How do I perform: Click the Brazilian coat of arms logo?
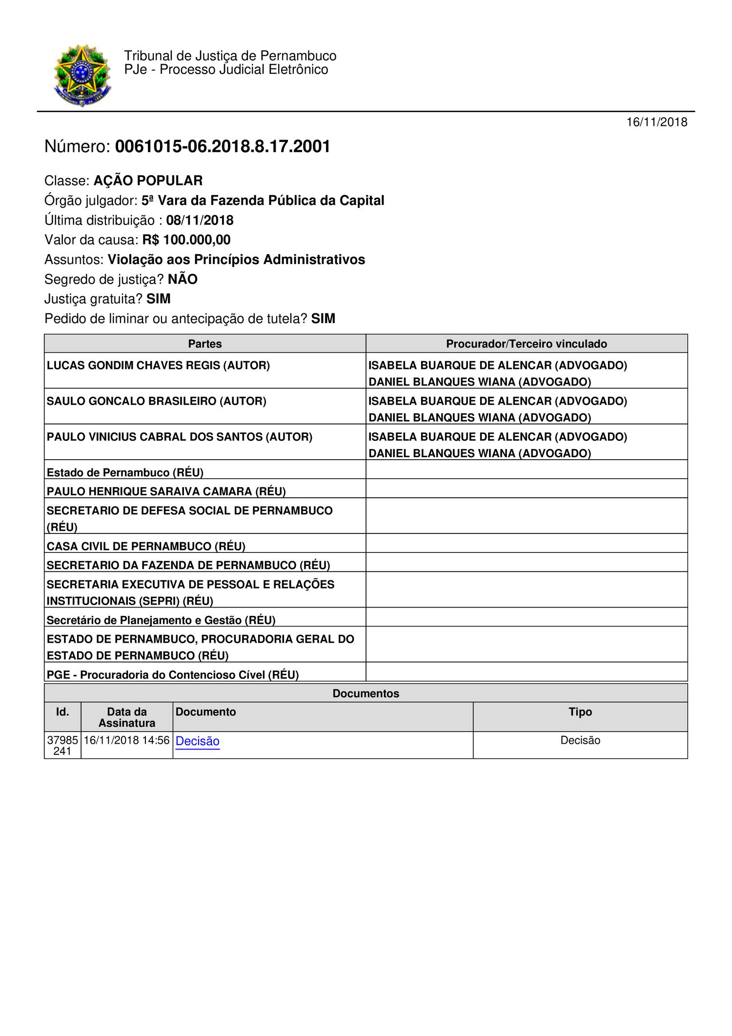tap(82, 75)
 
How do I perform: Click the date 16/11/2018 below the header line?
tap(657, 122)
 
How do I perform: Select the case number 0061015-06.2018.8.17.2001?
tap(223, 146)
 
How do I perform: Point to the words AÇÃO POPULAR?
tap(148, 181)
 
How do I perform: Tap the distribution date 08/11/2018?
tap(200, 220)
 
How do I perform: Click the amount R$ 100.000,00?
tap(186, 240)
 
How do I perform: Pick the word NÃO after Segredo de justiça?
tap(183, 280)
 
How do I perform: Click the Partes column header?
tap(205, 344)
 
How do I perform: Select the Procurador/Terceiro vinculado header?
tap(527, 344)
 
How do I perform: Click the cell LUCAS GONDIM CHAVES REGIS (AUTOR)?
tap(158, 366)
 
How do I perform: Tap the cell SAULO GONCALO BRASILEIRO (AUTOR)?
tap(157, 401)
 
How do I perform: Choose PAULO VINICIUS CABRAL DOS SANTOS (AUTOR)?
tap(180, 437)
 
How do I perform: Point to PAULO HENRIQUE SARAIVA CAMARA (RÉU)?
tap(166, 491)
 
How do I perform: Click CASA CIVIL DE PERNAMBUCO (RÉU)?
tap(146, 546)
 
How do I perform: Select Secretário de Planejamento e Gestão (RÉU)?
tap(161, 620)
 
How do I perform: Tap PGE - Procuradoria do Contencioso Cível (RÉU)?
tap(173, 675)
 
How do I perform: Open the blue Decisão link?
tap(198, 741)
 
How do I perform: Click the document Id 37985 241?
tap(62, 746)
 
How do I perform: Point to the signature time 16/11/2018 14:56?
tap(126, 740)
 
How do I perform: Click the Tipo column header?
tap(580, 712)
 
